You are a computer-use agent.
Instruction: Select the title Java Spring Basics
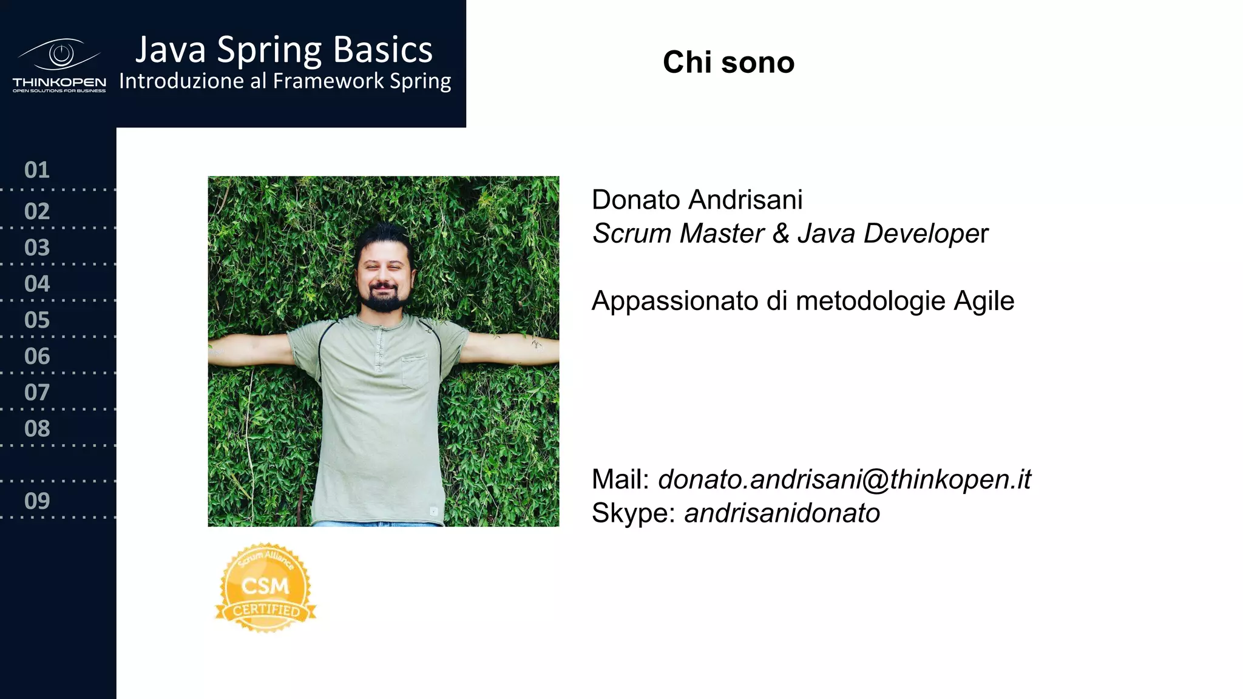tap(283, 50)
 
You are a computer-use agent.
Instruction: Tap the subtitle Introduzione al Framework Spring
tap(285, 81)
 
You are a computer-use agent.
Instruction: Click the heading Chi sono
tap(728, 62)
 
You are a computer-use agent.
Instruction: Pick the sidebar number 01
tap(37, 171)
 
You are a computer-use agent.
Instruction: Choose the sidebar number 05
tap(37, 320)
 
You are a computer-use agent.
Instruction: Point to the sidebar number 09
tap(37, 501)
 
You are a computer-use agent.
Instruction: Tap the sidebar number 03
tap(37, 248)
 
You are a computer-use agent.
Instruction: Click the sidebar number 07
tap(37, 393)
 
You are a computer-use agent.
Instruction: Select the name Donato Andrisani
tap(697, 200)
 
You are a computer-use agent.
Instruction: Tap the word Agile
tap(983, 302)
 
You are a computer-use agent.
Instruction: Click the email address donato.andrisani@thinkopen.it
tap(844, 480)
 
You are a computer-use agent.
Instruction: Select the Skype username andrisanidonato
tap(782, 513)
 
